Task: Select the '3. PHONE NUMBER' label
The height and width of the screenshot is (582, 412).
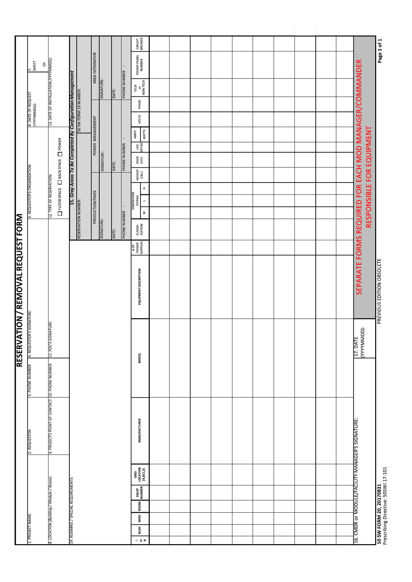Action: click(x=29, y=380)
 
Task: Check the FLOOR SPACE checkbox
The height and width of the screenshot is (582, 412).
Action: click(x=60, y=213)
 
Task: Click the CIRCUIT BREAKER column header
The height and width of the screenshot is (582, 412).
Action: click(x=140, y=44)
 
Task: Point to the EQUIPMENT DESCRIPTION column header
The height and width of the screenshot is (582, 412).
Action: click(x=140, y=286)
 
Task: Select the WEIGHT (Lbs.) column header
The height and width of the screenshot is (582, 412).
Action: click(x=140, y=175)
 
